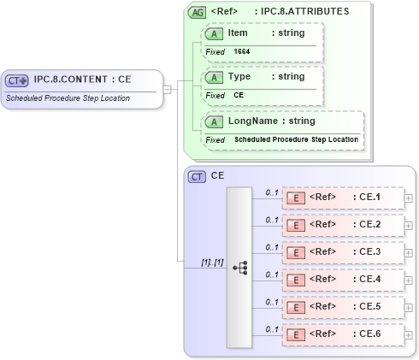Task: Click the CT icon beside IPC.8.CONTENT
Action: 17,80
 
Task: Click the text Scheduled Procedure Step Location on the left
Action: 69,97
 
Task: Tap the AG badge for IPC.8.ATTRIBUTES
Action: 197,12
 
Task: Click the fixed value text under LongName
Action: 296,139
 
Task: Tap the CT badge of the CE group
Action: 197,176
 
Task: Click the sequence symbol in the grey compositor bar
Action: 239,267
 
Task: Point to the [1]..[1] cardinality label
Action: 212,262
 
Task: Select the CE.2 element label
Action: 369,225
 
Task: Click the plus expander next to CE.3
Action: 408,253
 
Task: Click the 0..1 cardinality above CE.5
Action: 272,302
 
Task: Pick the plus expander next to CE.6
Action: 408,335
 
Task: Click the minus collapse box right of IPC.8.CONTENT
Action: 168,88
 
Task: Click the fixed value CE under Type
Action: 239,96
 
